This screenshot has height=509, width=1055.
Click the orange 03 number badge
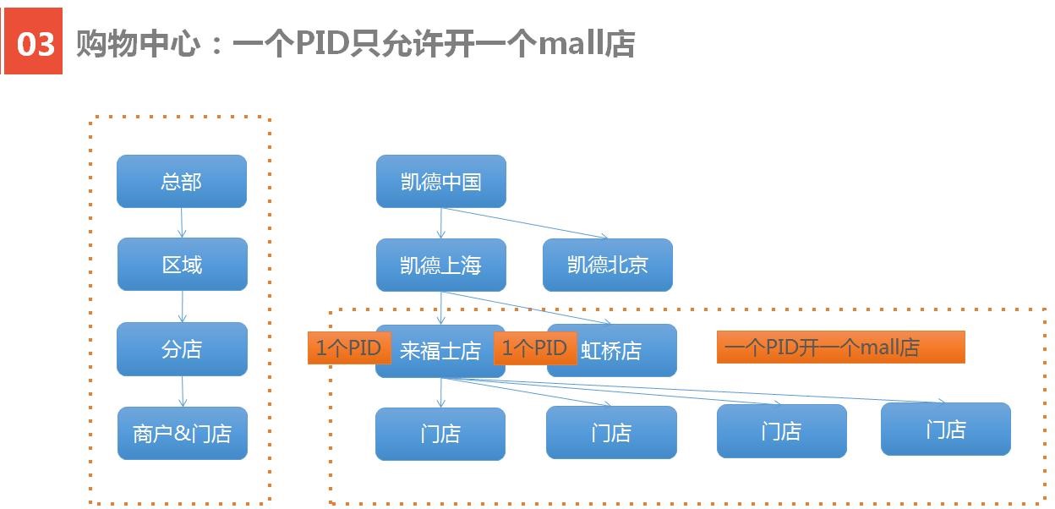(33, 41)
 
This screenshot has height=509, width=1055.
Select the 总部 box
(182, 181)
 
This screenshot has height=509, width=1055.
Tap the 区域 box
(183, 264)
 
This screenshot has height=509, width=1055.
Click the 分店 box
(183, 349)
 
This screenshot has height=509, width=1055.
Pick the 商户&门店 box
(183, 433)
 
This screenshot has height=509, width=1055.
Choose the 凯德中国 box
(441, 181)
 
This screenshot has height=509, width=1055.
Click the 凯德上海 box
(441, 265)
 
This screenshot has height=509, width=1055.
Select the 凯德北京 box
(608, 265)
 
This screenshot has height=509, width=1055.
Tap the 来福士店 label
(440, 351)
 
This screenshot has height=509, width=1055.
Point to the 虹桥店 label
(611, 351)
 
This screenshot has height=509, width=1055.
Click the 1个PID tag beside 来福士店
(349, 348)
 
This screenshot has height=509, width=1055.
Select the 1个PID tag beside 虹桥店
(535, 348)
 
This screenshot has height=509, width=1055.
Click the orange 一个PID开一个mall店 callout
(840, 347)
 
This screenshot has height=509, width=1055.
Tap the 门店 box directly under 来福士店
(440, 434)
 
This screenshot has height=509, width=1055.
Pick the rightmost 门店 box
(946, 429)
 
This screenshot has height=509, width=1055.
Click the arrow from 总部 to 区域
(182, 222)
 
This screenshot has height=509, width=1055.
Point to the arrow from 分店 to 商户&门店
(183, 391)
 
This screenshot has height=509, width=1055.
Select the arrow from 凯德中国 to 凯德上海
(440, 223)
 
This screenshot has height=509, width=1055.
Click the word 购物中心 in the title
(139, 43)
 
